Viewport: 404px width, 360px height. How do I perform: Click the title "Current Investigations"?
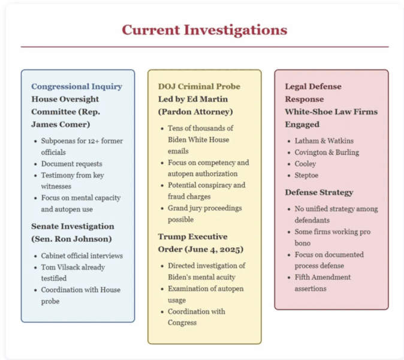[x=204, y=30]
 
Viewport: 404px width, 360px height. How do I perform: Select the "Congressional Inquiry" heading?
[x=77, y=86]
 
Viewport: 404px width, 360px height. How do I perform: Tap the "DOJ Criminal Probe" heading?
[x=199, y=86]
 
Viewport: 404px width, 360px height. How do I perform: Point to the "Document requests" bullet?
[x=71, y=164]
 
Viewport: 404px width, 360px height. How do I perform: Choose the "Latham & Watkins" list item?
[x=324, y=141]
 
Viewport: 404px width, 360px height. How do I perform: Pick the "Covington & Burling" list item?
[x=327, y=152]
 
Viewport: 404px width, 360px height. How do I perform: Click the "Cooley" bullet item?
[x=305, y=164]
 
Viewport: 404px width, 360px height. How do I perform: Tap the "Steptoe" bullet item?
[x=306, y=175]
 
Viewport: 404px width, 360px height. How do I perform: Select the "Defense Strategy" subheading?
[x=319, y=193]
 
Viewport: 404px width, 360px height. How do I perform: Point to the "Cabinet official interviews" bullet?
[x=82, y=256]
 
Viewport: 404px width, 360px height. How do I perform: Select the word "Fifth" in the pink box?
[x=303, y=277]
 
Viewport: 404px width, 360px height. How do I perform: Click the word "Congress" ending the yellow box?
[x=182, y=323]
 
